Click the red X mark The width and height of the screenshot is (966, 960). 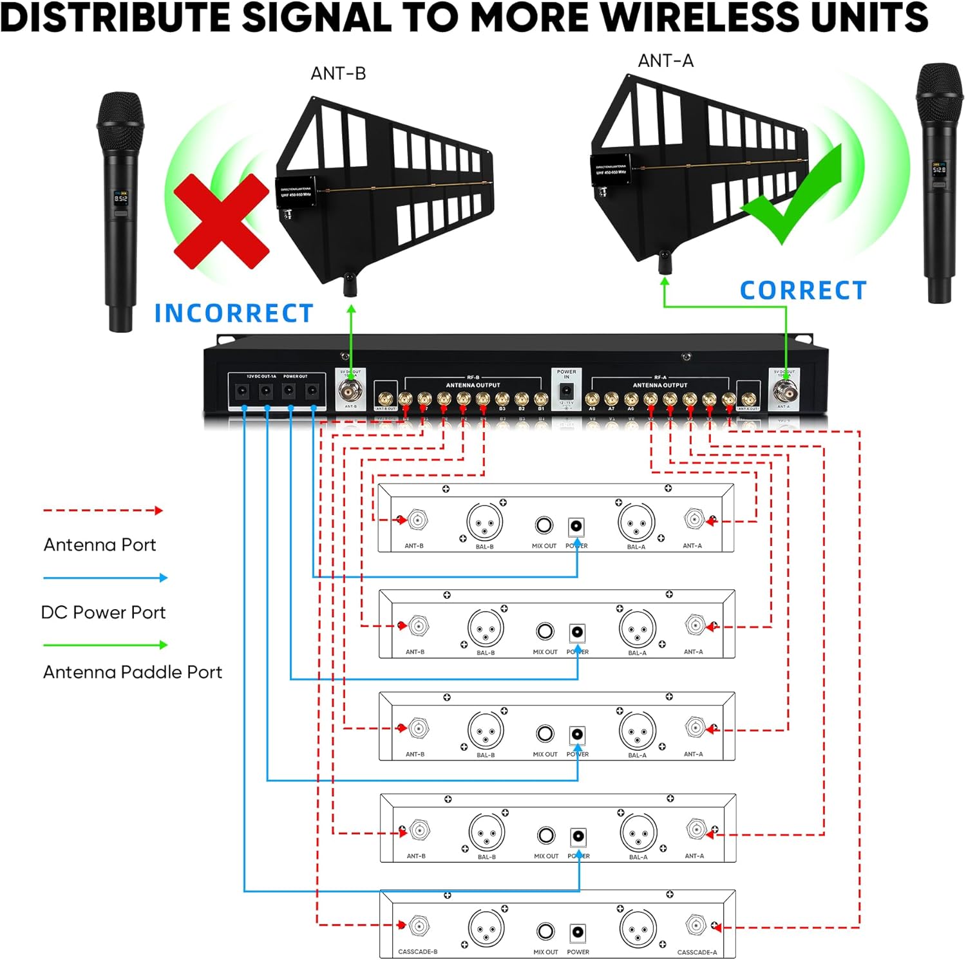tap(221, 221)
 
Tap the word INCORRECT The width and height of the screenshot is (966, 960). tap(234, 314)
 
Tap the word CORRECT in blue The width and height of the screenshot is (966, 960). tap(803, 290)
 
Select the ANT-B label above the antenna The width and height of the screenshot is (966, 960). tap(338, 74)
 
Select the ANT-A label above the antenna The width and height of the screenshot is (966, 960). tap(665, 61)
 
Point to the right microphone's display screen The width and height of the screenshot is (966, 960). tap(939, 170)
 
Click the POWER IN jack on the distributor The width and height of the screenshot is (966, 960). tap(566, 391)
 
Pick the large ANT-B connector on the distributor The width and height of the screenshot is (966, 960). tap(350, 390)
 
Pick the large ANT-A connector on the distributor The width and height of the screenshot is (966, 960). tap(784, 390)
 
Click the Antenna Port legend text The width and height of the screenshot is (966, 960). tap(100, 545)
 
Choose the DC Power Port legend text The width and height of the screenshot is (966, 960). tap(103, 612)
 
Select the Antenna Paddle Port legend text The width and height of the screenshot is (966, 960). tap(132, 672)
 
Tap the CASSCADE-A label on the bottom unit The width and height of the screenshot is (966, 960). tap(697, 952)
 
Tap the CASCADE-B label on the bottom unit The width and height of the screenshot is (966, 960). tap(417, 952)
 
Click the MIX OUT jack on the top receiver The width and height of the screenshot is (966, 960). tap(544, 525)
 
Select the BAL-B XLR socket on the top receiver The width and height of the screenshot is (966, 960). tap(484, 522)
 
